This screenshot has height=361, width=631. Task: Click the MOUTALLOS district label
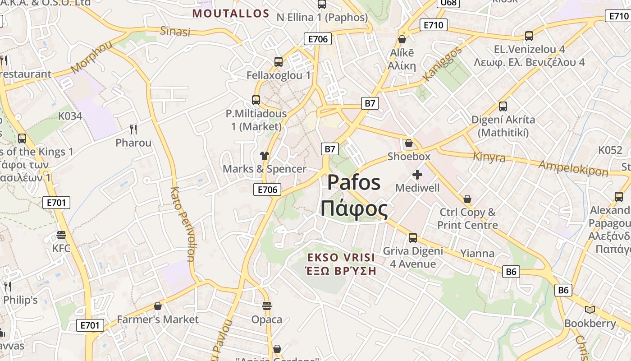tap(231, 13)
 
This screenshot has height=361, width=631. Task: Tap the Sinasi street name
tap(175, 31)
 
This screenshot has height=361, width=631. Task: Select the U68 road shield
tap(448, 3)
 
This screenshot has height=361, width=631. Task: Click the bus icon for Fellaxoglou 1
tap(279, 62)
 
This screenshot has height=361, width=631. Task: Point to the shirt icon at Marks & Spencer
tap(265, 156)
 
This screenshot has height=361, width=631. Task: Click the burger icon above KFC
tap(61, 235)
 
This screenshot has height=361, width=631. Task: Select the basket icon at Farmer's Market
tap(158, 306)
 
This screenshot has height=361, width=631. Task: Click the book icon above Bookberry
tap(590, 310)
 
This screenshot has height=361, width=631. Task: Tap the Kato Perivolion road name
tap(183, 224)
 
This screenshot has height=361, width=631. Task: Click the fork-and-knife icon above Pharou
tap(133, 130)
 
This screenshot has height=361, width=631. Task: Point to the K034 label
tap(70, 116)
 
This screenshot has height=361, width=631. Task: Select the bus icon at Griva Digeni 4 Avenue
tap(413, 238)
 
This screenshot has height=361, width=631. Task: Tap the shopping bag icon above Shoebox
tap(409, 143)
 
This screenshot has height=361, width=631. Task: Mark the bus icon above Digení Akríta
tap(503, 106)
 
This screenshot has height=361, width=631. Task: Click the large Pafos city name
tap(354, 182)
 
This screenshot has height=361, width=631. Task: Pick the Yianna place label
tap(477, 253)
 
